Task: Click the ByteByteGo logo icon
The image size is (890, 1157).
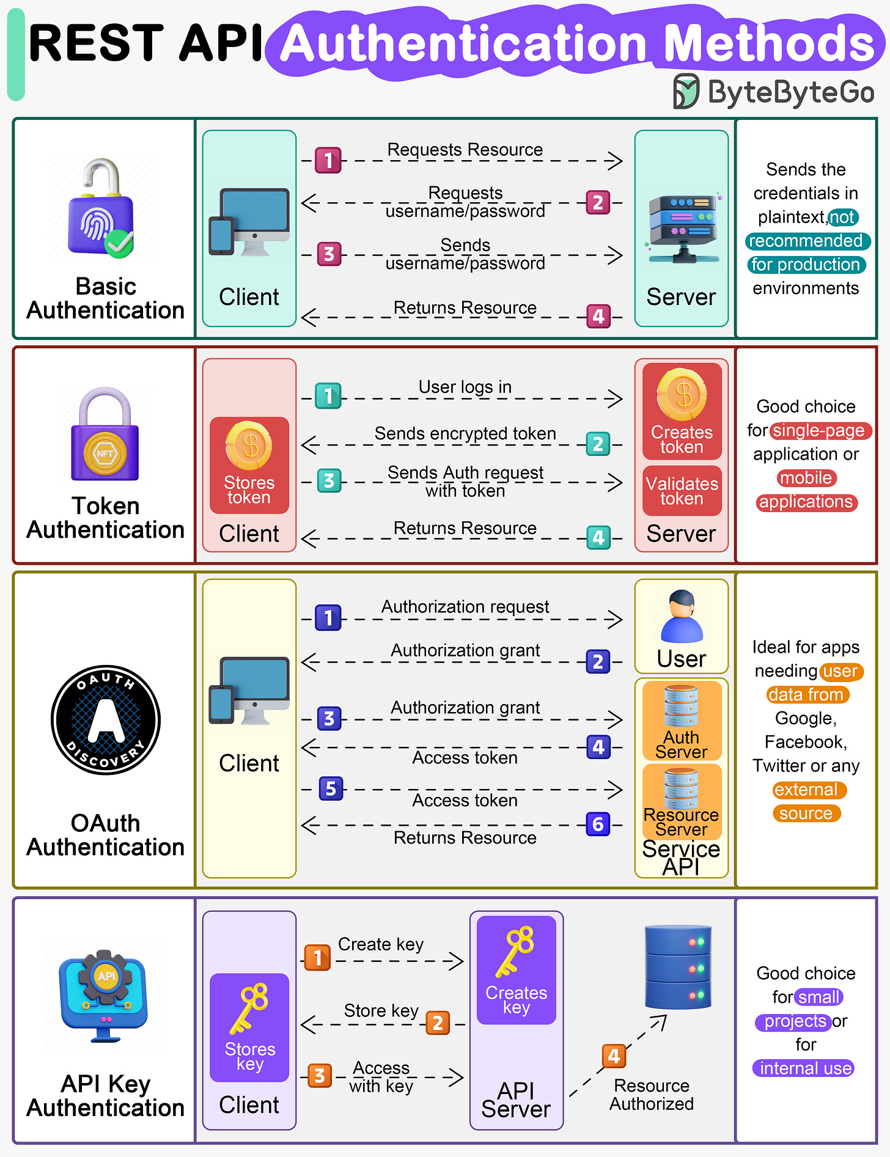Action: pyautogui.click(x=686, y=92)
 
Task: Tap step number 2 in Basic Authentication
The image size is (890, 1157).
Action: pyautogui.click(x=598, y=202)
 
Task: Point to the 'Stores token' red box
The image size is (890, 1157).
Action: pyautogui.click(x=249, y=465)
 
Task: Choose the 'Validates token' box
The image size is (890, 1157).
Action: pyautogui.click(x=682, y=491)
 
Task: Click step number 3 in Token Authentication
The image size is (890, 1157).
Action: pyautogui.click(x=329, y=480)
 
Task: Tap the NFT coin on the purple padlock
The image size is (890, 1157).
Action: pyautogui.click(x=105, y=454)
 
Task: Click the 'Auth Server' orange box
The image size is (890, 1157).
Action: pyautogui.click(x=682, y=721)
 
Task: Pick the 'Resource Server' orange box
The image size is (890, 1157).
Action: pyautogui.click(x=682, y=802)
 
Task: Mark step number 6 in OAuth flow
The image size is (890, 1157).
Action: pyautogui.click(x=598, y=825)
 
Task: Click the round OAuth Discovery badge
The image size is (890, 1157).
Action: pyautogui.click(x=106, y=720)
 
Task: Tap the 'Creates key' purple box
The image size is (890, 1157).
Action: pyautogui.click(x=517, y=969)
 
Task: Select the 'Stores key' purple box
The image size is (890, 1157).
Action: pyautogui.click(x=249, y=1027)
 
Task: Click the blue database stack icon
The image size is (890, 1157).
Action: pyautogui.click(x=678, y=967)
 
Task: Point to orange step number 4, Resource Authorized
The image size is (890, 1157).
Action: pyautogui.click(x=614, y=1056)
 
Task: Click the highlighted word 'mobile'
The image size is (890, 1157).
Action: pyautogui.click(x=806, y=478)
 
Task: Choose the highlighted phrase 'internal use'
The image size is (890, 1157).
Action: pyautogui.click(x=804, y=1068)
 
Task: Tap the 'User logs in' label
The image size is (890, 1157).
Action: pyautogui.click(x=465, y=387)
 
